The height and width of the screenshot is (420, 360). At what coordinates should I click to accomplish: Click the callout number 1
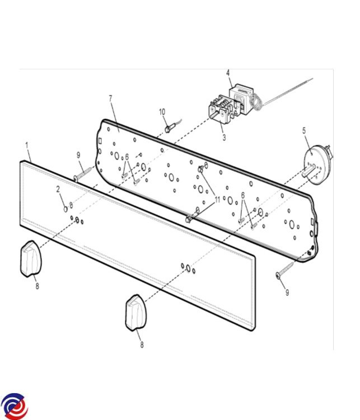tap(27, 145)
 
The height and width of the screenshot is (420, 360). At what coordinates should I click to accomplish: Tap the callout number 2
tap(58, 189)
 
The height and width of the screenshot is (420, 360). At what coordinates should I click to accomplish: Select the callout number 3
tap(224, 138)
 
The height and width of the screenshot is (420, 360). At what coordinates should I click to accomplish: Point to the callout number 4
tap(228, 73)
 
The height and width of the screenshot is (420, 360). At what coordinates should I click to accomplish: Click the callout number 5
tap(304, 131)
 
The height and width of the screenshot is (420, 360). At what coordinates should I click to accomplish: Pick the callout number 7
tap(111, 98)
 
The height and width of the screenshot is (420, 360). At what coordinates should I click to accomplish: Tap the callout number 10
tap(162, 112)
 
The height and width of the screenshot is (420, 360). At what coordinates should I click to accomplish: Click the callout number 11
tap(217, 200)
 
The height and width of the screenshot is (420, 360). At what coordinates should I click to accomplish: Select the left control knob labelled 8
tap(31, 258)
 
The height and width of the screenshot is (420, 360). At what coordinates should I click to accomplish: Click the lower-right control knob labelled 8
tap(135, 313)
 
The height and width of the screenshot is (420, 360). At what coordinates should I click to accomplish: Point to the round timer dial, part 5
tap(317, 164)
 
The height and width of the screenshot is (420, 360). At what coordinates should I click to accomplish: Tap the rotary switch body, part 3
tap(221, 108)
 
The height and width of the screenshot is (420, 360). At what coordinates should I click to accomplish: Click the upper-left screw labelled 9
tap(83, 173)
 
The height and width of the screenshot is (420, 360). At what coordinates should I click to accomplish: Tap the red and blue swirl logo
tap(14, 407)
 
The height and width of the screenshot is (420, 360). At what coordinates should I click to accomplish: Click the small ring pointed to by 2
tap(66, 209)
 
